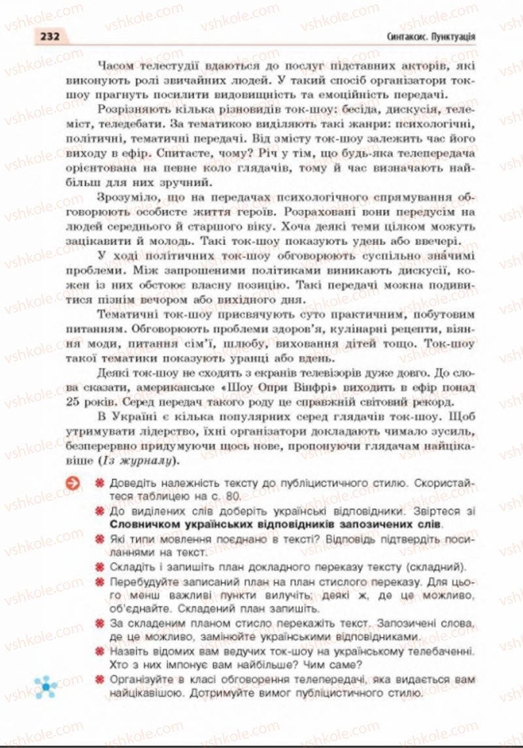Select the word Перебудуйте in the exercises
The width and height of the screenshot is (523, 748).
143,581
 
